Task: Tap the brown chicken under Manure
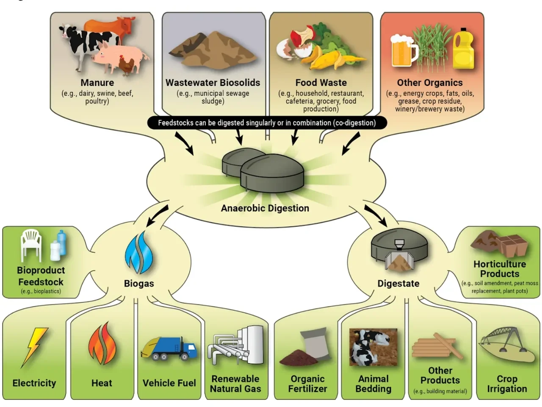click(x=126, y=65)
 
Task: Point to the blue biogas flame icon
click(x=139, y=253)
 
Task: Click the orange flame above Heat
click(x=102, y=343)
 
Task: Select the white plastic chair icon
click(x=31, y=245)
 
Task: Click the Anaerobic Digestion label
click(x=265, y=208)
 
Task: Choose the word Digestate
click(x=398, y=283)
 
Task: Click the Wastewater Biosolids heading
click(x=213, y=83)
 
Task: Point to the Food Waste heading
click(x=321, y=83)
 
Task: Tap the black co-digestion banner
click(x=267, y=123)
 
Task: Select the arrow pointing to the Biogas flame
click(x=157, y=215)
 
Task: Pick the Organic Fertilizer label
click(x=307, y=384)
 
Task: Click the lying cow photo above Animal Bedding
click(x=373, y=347)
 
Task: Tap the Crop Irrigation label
click(x=507, y=384)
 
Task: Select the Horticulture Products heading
click(x=500, y=269)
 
